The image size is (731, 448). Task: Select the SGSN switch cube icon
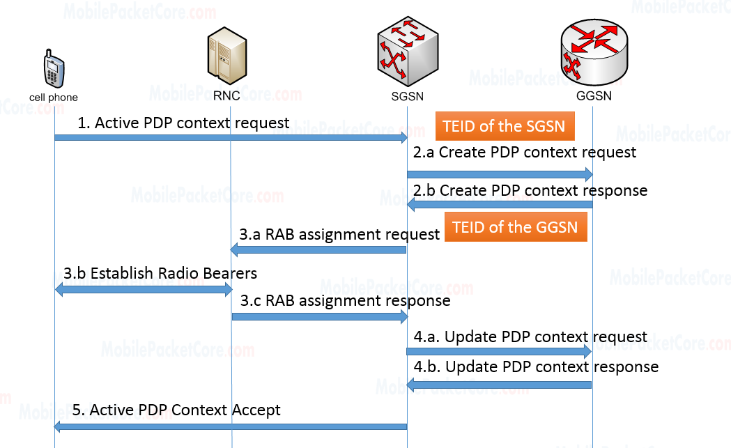click(x=407, y=50)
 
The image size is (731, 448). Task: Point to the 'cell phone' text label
click(x=54, y=98)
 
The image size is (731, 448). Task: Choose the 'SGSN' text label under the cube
click(x=408, y=96)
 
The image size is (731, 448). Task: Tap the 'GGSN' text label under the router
click(x=594, y=96)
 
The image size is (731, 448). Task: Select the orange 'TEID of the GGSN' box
click(x=515, y=227)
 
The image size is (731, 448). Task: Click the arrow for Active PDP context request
click(x=231, y=138)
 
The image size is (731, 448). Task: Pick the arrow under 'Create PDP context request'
click(x=500, y=173)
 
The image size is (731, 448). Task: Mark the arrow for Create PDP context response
click(x=500, y=204)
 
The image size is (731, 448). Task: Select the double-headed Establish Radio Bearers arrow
click(x=143, y=288)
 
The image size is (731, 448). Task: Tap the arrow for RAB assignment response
click(x=319, y=316)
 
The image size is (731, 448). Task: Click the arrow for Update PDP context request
click(x=500, y=353)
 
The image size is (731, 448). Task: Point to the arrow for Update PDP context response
click(x=500, y=385)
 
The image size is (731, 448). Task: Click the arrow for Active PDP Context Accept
click(x=231, y=426)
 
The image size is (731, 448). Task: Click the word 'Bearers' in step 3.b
click(x=226, y=273)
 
